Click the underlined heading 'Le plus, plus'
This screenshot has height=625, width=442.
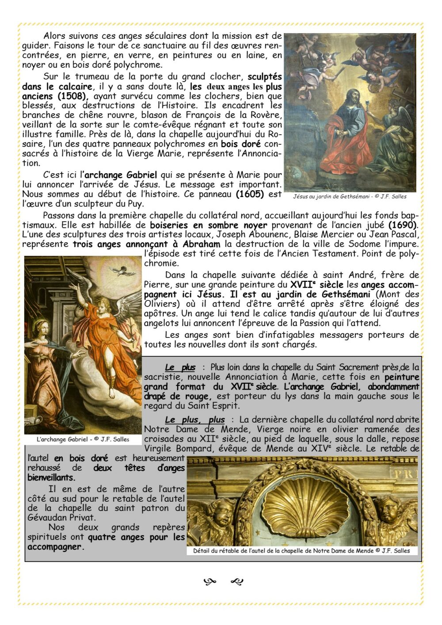(x=194, y=420)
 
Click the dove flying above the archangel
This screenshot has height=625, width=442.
(x=119, y=270)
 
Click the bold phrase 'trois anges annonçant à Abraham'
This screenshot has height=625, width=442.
(x=146, y=244)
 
